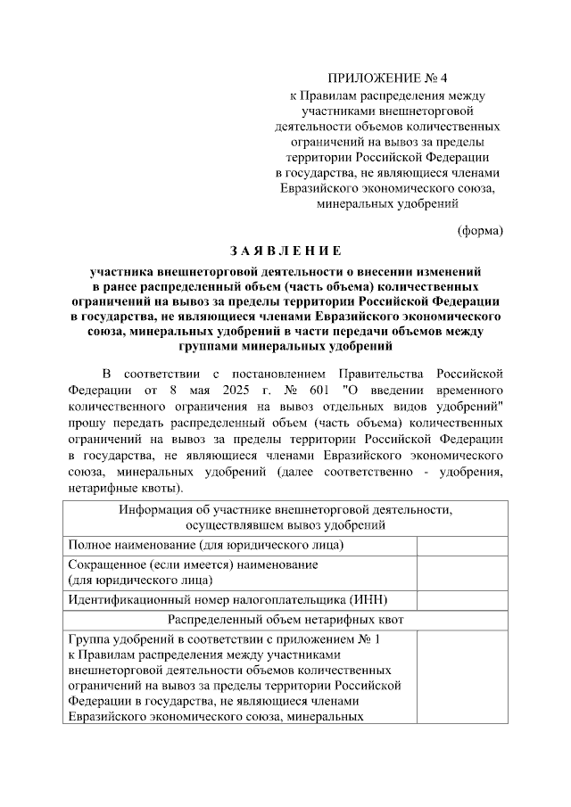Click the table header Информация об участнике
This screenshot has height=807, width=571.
click(x=285, y=510)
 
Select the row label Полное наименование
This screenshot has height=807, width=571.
click(x=206, y=545)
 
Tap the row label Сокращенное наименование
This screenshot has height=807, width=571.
click(x=193, y=564)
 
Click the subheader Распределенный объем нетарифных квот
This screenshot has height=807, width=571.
click(x=285, y=618)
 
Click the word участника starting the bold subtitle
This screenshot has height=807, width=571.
click(x=122, y=268)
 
